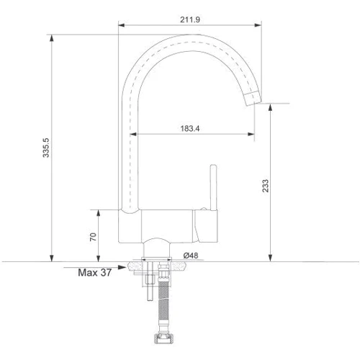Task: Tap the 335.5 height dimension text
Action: point(46,147)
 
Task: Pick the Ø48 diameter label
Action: point(190,255)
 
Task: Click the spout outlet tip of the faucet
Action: point(253,99)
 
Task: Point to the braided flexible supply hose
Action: point(165,302)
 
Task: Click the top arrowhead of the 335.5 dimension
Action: point(53,35)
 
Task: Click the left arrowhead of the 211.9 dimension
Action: point(121,28)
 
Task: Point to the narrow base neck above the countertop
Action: point(156,248)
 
